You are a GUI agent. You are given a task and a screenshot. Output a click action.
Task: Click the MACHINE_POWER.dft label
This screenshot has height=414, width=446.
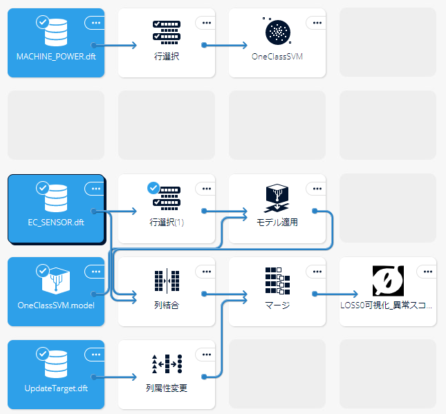click(x=56, y=56)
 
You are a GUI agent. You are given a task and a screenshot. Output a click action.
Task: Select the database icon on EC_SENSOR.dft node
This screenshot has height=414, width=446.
click(x=56, y=198)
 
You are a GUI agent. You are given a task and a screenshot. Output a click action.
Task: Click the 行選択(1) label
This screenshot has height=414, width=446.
click(x=167, y=223)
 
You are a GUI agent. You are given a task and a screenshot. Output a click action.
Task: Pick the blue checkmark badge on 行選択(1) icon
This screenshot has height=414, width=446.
click(x=154, y=187)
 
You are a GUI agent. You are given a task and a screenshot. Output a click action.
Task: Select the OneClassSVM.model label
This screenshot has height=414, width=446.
click(x=56, y=305)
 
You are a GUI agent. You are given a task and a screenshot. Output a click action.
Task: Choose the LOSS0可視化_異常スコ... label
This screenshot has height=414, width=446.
click(x=388, y=305)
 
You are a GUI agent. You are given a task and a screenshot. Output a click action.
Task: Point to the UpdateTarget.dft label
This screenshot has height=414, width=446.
click(x=56, y=388)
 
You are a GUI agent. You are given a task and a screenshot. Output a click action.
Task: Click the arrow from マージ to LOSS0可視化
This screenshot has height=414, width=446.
click(x=335, y=294)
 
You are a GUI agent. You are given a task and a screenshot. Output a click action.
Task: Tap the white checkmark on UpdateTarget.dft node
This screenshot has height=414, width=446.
click(x=43, y=354)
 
